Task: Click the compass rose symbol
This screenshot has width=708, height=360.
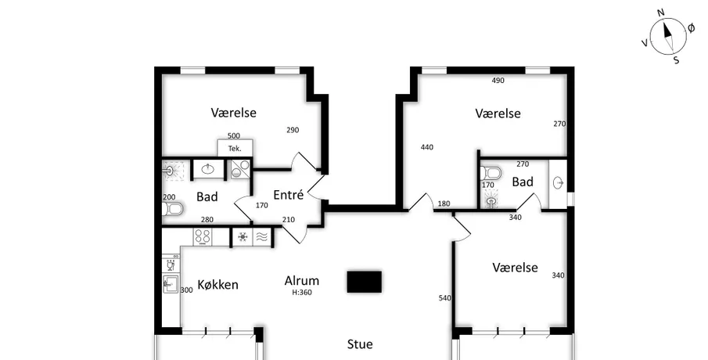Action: (x=668, y=36)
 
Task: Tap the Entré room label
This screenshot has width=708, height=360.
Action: (x=289, y=195)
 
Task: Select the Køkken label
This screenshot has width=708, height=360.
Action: (x=217, y=285)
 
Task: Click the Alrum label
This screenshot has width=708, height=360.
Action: (x=302, y=280)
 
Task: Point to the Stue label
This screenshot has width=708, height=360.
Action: (x=360, y=344)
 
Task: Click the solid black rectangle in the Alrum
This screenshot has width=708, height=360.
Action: (x=365, y=282)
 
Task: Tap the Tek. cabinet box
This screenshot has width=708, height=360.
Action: (x=235, y=148)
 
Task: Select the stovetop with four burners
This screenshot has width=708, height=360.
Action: (x=203, y=237)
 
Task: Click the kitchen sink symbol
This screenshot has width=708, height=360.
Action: (x=171, y=284)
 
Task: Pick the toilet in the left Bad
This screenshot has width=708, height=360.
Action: (x=172, y=209)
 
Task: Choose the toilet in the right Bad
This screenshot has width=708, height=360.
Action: (x=491, y=173)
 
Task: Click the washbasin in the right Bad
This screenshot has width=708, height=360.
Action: (x=559, y=183)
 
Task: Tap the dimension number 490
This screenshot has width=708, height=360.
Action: (x=498, y=81)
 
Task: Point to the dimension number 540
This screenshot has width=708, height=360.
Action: (x=445, y=297)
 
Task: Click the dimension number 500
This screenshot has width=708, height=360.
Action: (x=233, y=135)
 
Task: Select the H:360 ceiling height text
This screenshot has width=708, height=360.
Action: (x=302, y=292)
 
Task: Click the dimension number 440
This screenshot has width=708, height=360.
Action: (x=426, y=147)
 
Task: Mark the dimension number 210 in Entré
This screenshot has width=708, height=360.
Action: (x=288, y=220)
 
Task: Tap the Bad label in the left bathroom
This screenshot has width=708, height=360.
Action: (x=207, y=197)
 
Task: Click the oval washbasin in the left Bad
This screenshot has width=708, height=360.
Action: (x=208, y=169)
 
